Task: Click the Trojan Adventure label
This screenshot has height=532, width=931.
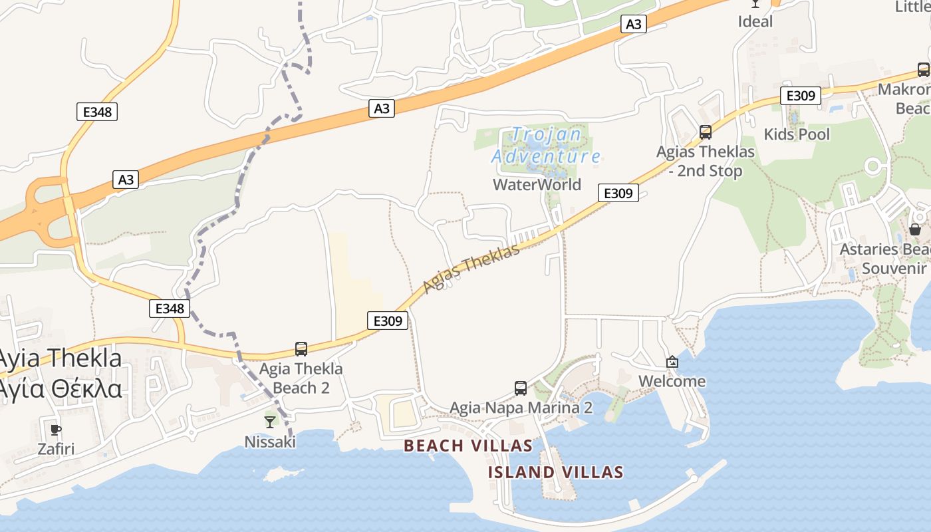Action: click(545, 146)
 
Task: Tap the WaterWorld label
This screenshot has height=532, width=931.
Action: click(537, 184)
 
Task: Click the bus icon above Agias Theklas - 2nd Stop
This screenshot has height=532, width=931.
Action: click(706, 132)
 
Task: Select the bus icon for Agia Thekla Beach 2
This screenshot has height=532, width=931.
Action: click(301, 349)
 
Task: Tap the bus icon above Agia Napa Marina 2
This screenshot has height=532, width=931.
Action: click(521, 388)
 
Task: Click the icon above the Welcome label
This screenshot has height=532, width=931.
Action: click(672, 362)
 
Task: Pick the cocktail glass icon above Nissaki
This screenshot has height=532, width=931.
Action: click(270, 422)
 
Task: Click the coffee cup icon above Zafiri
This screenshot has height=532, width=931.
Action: click(56, 429)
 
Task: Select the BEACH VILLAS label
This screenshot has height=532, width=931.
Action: click(468, 446)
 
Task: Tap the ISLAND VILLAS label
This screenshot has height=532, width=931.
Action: click(555, 473)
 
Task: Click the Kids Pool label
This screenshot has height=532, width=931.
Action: click(797, 134)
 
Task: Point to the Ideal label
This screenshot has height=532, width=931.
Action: click(755, 21)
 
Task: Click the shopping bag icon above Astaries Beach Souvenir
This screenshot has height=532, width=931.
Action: click(915, 229)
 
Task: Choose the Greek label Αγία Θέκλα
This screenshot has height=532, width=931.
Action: click(61, 388)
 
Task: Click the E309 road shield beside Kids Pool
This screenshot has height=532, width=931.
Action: click(801, 96)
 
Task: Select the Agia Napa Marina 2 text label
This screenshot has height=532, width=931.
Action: click(521, 408)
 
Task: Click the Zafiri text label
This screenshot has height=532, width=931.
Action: click(56, 449)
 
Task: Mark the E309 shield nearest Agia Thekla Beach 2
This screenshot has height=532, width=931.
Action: click(388, 321)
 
